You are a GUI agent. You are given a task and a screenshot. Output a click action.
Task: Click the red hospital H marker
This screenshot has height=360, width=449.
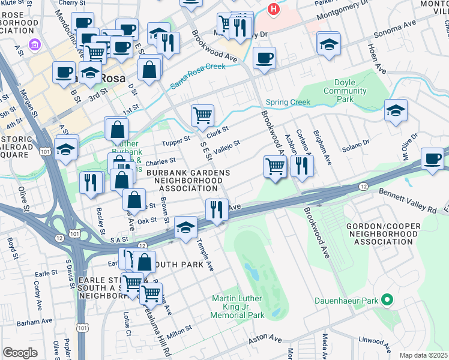point(274,9)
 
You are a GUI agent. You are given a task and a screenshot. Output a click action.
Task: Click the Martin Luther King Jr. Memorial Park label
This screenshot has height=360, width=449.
point(238,307)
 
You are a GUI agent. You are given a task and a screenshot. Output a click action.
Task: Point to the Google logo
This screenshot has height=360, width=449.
point(20,352)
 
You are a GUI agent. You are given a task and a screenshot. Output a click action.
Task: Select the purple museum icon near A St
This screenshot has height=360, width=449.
point(35,45)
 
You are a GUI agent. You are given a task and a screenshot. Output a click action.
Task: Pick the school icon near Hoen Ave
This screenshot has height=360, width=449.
point(396,110)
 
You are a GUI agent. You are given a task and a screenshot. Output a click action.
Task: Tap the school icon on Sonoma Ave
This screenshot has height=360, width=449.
point(329,44)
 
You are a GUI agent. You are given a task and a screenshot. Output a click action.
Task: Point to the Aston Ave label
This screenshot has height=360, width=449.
point(265,339)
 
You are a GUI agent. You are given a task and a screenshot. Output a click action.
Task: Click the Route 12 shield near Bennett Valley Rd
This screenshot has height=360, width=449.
point(363,187)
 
